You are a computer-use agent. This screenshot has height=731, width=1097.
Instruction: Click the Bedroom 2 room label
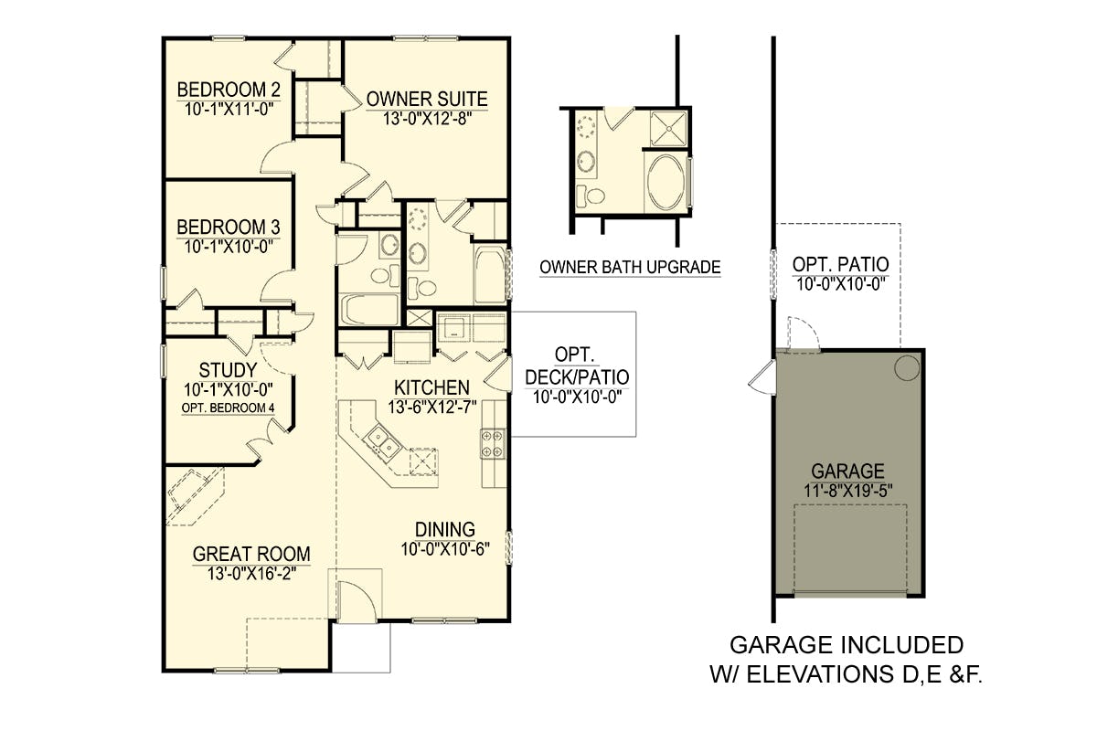point(229,90)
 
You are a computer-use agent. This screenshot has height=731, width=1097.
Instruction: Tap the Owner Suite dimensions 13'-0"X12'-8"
point(427,119)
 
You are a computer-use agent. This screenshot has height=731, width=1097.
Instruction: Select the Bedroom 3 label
point(229,228)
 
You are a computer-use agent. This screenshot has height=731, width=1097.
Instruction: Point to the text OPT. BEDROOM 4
point(229,408)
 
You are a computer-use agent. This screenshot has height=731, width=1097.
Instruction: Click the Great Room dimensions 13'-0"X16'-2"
point(251,573)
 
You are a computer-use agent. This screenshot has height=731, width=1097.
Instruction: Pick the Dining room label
point(445,529)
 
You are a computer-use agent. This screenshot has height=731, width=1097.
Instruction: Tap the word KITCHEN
point(431,387)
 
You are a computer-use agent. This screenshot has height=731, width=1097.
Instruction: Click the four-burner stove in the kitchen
point(493,443)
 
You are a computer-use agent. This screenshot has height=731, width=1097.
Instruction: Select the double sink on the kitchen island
point(382,440)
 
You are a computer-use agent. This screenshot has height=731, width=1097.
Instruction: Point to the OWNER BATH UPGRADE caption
point(630,268)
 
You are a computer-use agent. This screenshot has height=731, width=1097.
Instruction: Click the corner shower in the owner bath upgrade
point(668,128)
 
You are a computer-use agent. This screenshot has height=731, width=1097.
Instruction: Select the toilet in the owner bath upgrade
point(591,196)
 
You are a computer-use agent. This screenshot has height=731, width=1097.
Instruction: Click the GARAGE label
point(848,471)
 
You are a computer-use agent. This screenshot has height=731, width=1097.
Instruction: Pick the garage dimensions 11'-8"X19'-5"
point(848,491)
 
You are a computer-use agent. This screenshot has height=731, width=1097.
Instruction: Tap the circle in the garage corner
point(907,367)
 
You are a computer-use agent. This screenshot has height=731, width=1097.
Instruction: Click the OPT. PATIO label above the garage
point(841,264)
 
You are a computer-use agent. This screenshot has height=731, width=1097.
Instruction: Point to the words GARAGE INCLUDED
point(847,645)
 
